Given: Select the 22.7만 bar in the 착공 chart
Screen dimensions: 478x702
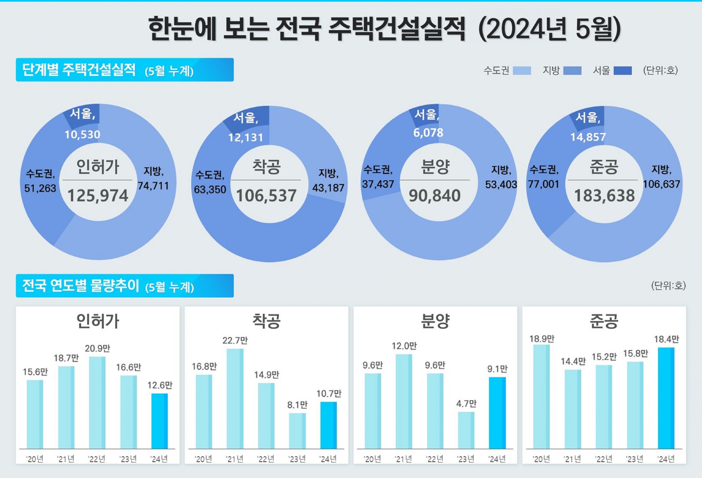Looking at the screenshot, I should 235,399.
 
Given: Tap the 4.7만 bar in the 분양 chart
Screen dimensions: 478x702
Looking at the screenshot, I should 466,430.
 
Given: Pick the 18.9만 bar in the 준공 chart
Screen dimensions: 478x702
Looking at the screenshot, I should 541,397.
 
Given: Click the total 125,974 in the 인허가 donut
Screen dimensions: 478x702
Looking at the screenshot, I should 98,196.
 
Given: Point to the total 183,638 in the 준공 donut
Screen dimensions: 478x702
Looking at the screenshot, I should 604,196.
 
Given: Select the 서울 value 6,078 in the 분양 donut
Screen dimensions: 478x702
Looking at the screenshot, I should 428,133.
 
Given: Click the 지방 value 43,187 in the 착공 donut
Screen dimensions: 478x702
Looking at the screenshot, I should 328,188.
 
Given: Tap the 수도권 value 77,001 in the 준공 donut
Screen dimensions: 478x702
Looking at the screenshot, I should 543,184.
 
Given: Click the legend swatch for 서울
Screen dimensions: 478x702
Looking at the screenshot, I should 622,71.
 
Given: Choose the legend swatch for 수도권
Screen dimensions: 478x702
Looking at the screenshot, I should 522,71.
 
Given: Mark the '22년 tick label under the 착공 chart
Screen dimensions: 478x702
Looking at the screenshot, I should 266,459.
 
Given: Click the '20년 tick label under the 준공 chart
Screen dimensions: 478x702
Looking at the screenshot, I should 541,459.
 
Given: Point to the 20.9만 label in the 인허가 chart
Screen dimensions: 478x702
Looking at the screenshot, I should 97,349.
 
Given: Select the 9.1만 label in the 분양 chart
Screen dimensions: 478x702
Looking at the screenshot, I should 497,369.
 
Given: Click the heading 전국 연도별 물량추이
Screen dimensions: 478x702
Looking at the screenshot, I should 80,286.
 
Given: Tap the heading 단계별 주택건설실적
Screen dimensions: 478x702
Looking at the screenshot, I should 79,69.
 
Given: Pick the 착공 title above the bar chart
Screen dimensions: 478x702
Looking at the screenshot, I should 266,321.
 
